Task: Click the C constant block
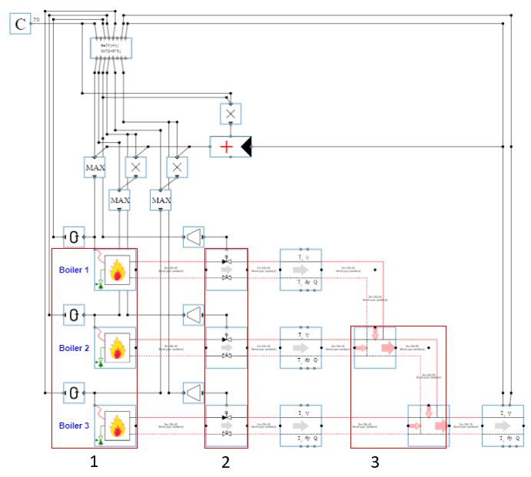(x=20, y=24)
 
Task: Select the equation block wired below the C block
(x=111, y=48)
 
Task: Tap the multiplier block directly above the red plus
(x=231, y=114)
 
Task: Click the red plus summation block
(x=224, y=147)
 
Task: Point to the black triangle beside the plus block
(x=246, y=147)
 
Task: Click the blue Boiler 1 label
(x=75, y=270)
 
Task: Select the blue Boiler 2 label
(x=75, y=348)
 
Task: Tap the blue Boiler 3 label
(x=75, y=426)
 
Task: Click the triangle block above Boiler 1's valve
(x=193, y=237)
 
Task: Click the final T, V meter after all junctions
(x=503, y=426)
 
